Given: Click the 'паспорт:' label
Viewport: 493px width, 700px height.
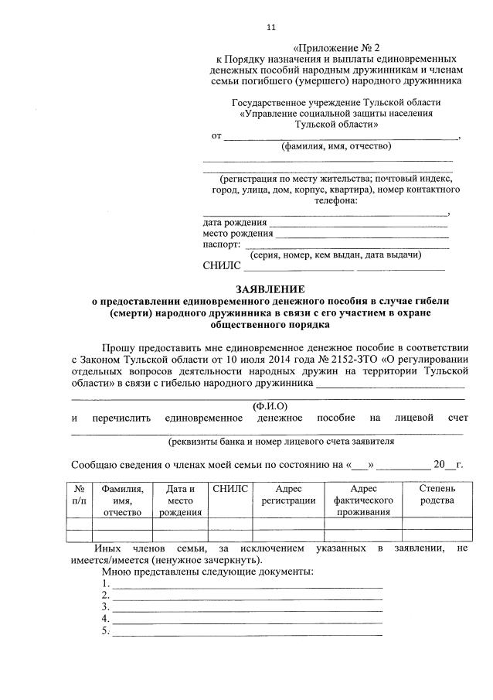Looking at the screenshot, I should pos(221,244).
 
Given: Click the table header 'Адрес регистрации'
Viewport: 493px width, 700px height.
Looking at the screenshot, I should pos(288,494).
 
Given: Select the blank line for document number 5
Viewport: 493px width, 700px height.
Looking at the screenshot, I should pos(247,631).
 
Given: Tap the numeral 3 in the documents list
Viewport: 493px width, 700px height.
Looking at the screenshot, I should pos(105,607).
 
